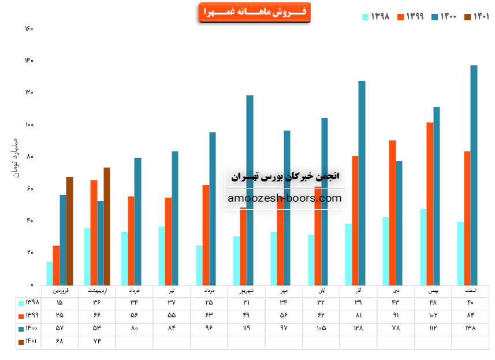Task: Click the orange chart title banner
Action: tap(254, 12)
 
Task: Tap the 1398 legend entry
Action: tap(375, 17)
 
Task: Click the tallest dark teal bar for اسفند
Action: tap(474, 173)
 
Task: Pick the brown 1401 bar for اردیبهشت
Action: tap(107, 225)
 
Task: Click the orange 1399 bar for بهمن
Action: tap(429, 202)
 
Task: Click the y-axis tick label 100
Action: tap(29, 125)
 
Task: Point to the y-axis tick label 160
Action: tap(29, 29)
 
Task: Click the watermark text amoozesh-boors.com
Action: tap(285, 198)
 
